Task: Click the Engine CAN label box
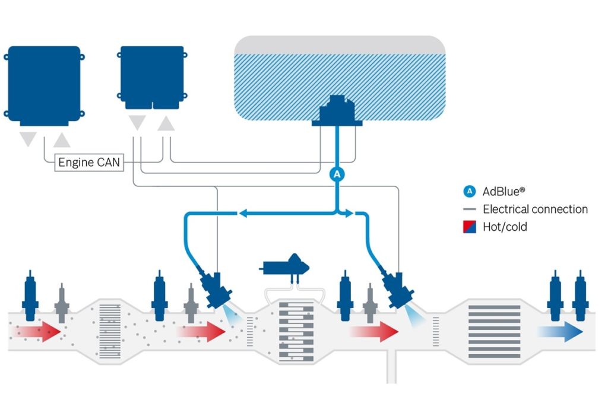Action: (89, 163)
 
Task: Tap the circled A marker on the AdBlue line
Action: (337, 174)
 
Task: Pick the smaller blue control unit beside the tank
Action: (153, 78)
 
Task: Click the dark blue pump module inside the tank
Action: (337, 111)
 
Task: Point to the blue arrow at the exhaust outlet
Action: (560, 332)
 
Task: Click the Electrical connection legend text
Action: (535, 209)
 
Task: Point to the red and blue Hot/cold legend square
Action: (470, 227)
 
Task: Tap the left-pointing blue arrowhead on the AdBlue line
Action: (243, 213)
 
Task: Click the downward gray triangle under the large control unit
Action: (28, 139)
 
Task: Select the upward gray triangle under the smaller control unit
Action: (166, 123)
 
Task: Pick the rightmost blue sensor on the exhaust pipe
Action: (580, 295)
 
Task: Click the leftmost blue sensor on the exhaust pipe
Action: (30, 295)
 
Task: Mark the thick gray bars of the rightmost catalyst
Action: (495, 332)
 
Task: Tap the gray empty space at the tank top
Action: (340, 45)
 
